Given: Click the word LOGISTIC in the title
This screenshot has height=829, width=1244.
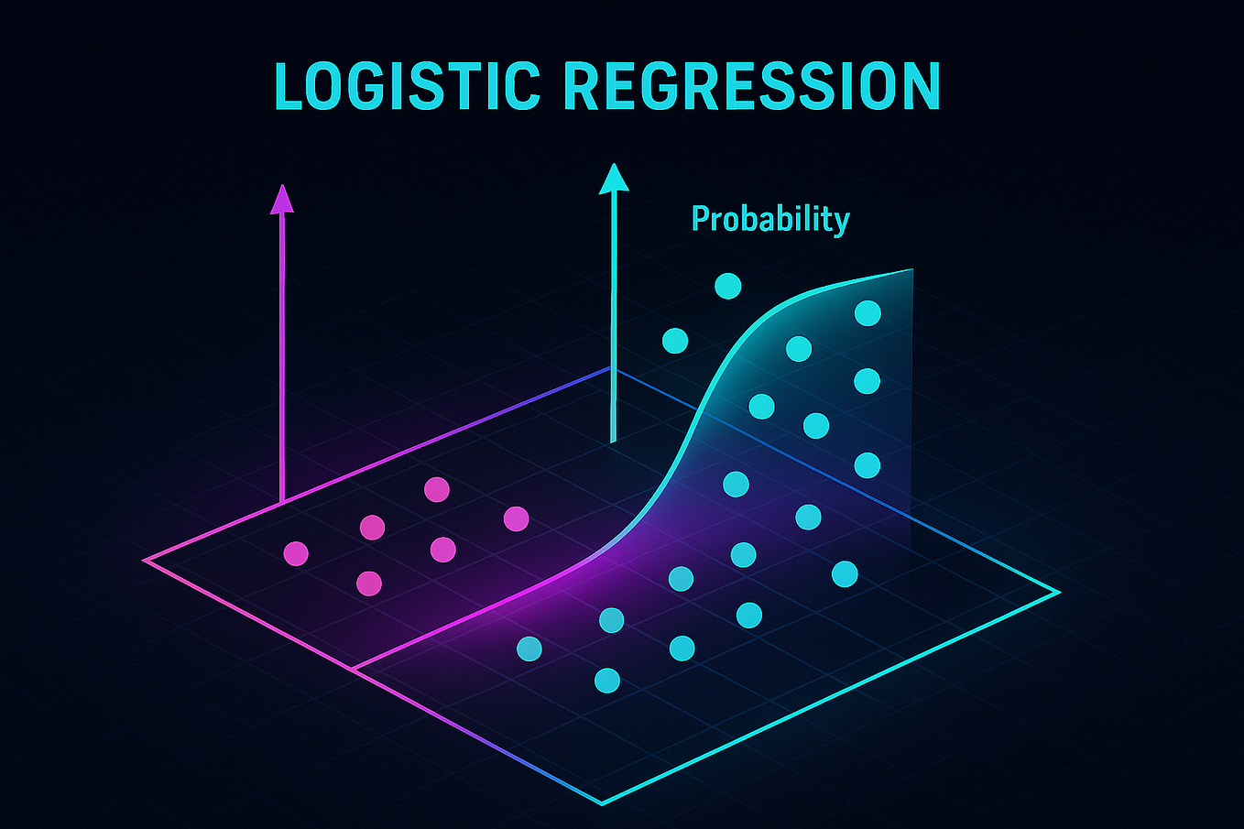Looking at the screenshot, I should pyautogui.click(x=407, y=87).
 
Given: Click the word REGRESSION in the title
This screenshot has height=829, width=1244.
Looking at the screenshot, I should pyautogui.click(x=751, y=87).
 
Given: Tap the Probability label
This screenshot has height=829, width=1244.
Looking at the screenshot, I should pyautogui.click(x=770, y=220).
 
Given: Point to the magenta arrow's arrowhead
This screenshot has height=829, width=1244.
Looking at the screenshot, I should pyautogui.click(x=282, y=198).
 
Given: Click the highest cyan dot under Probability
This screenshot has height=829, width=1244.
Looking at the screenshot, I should pyautogui.click(x=727, y=286).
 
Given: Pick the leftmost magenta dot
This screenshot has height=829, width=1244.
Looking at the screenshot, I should pyautogui.click(x=296, y=553).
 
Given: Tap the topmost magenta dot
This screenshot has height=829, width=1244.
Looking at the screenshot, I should pyautogui.click(x=437, y=489).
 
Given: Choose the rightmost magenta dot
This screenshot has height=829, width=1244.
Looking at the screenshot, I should pyautogui.click(x=516, y=518).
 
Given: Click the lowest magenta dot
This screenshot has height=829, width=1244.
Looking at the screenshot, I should pyautogui.click(x=368, y=583).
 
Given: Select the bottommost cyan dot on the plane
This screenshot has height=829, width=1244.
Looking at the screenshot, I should pyautogui.click(x=606, y=681).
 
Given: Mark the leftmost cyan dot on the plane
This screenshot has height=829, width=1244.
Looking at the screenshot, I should pyautogui.click(x=529, y=649).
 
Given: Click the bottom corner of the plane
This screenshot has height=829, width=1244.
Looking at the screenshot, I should pyautogui.click(x=602, y=803).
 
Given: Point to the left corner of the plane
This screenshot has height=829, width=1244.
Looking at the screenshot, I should pyautogui.click(x=145, y=560).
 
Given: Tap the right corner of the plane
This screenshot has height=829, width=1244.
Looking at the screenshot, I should pyautogui.click(x=1059, y=593).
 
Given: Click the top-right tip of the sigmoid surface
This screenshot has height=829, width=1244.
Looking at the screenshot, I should pyautogui.click(x=912, y=269).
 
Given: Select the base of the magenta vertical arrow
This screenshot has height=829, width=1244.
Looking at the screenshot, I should pyautogui.click(x=281, y=502).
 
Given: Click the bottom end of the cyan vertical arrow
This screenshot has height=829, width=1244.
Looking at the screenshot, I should pyautogui.click(x=613, y=442).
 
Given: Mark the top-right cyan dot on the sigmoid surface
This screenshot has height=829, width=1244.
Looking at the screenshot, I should pyautogui.click(x=868, y=313).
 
